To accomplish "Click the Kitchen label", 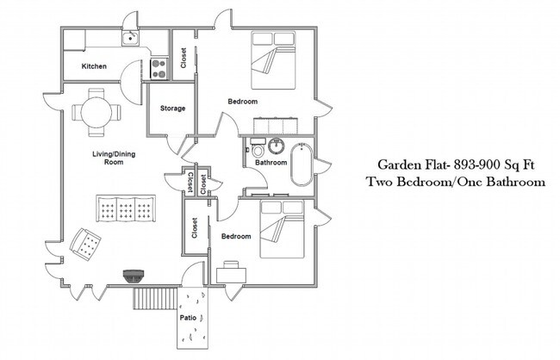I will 94,67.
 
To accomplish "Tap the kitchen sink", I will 130,38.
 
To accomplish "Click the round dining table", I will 96,112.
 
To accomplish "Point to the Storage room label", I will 173,109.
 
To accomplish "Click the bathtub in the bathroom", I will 302,164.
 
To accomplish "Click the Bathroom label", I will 271,162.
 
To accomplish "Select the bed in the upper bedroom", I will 273,60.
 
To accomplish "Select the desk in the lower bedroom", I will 231,273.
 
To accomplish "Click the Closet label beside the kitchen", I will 184,58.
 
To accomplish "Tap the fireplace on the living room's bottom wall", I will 132,276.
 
